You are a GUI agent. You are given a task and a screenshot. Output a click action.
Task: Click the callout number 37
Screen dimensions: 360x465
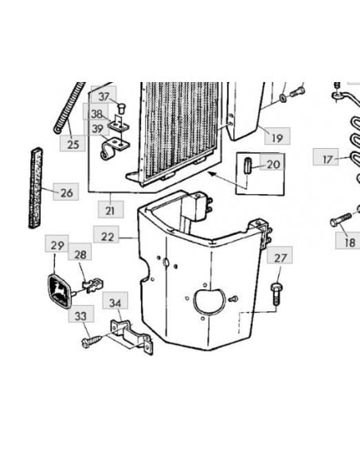tap(104, 96)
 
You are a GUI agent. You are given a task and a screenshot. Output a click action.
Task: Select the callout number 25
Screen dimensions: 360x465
tap(73, 144)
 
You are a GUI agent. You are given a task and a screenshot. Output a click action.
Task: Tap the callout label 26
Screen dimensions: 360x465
tap(66, 193)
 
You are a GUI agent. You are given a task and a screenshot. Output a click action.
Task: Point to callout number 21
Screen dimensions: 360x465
tap(110, 211)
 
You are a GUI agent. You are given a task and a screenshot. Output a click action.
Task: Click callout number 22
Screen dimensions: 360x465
tap(108, 236)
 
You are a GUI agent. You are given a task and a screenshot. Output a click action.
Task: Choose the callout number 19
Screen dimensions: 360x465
tap(277, 138)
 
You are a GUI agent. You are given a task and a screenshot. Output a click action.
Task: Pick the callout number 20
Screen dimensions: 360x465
tap(273, 164)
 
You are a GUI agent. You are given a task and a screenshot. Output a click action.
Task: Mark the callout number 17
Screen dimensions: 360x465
tap(327, 159)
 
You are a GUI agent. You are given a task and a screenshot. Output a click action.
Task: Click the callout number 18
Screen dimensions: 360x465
tap(350, 242)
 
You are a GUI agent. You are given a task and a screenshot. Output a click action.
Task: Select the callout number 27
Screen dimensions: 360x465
tap(280, 258)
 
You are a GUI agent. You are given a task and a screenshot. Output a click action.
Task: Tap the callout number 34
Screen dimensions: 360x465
tap(115, 303)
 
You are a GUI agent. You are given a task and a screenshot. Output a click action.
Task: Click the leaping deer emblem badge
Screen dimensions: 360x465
tap(61, 291)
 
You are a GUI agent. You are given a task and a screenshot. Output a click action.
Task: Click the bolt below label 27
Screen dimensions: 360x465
tap(276, 293)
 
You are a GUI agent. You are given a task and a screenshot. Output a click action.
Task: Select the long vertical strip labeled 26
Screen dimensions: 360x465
tap(36, 188)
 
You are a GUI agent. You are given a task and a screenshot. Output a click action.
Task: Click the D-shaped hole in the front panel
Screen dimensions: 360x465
tap(209, 301)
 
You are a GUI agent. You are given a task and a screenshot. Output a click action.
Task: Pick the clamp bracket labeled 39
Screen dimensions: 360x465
tap(114, 149)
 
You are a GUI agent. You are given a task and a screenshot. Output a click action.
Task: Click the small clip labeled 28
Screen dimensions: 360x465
tap(93, 285)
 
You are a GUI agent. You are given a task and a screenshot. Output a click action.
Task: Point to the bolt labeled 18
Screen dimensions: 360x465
tap(340, 220)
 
